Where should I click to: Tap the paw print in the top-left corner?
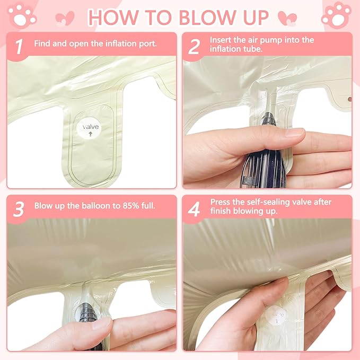tap(22, 16)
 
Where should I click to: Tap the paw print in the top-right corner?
tap(336, 15)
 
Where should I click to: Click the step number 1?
tap(19, 47)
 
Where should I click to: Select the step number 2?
tap(194, 47)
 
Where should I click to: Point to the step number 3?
tap(19, 209)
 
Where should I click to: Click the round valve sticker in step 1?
tap(89, 128)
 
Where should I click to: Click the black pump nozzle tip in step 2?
tap(269, 118)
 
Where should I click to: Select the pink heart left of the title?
tap(65, 18)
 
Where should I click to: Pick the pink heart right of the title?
tap(287, 18)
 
